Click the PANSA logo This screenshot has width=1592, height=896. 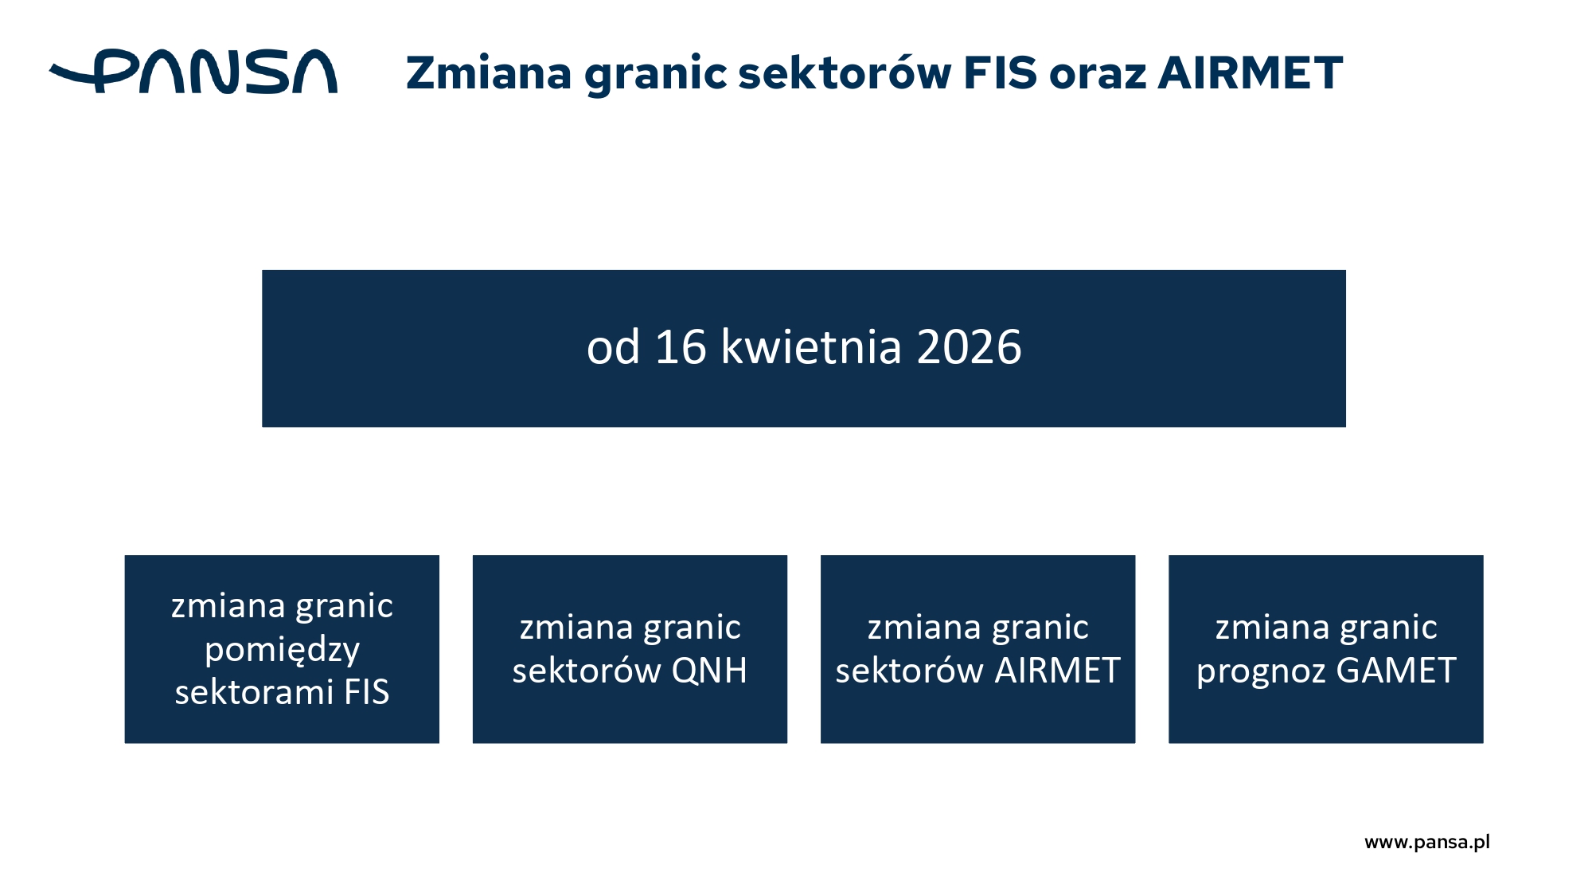point(193,72)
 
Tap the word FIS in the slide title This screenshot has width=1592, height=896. point(1001,73)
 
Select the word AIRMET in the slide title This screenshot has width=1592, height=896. point(1251,73)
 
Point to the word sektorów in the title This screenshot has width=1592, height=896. point(845,73)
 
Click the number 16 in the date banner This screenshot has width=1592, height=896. point(681,347)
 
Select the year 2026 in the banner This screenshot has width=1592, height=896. point(969,347)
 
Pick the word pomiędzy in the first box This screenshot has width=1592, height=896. point(283,651)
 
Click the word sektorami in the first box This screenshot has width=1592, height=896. point(254,692)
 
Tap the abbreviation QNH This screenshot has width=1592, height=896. point(709,671)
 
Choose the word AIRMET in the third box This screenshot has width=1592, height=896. point(1057,671)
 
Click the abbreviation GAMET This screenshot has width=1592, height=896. point(1396,671)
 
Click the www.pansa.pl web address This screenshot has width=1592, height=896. point(1427,843)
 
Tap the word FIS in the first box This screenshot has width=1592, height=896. point(366,692)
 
